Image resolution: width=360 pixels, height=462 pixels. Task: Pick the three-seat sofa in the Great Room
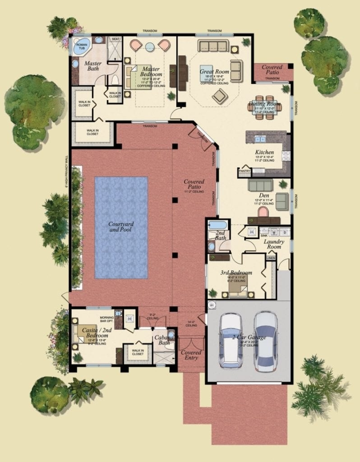click(x=213, y=46)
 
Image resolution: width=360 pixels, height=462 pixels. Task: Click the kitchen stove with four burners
click(x=286, y=156)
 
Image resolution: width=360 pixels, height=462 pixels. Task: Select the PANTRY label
click(x=244, y=171)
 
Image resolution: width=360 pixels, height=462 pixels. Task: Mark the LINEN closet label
click(x=270, y=258)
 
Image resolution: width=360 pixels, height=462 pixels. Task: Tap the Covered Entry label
click(x=191, y=355)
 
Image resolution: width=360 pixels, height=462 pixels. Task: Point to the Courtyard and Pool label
click(x=121, y=227)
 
